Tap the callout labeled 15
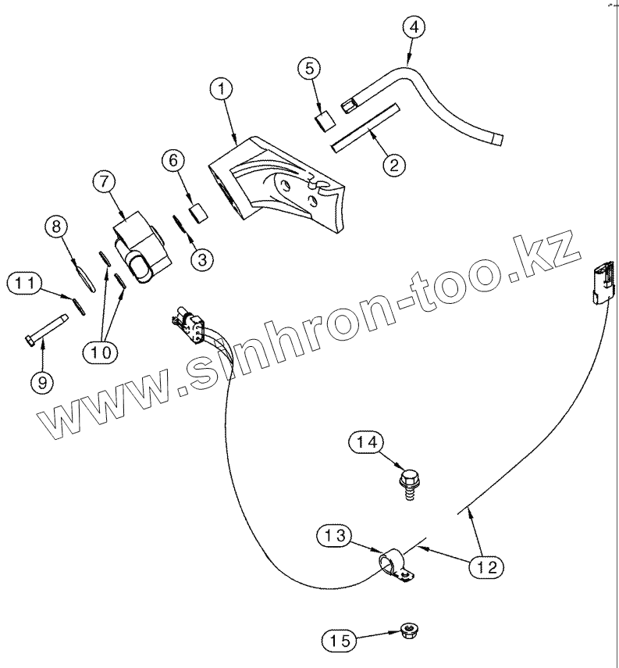(x=339, y=641)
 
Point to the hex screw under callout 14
(x=408, y=482)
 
